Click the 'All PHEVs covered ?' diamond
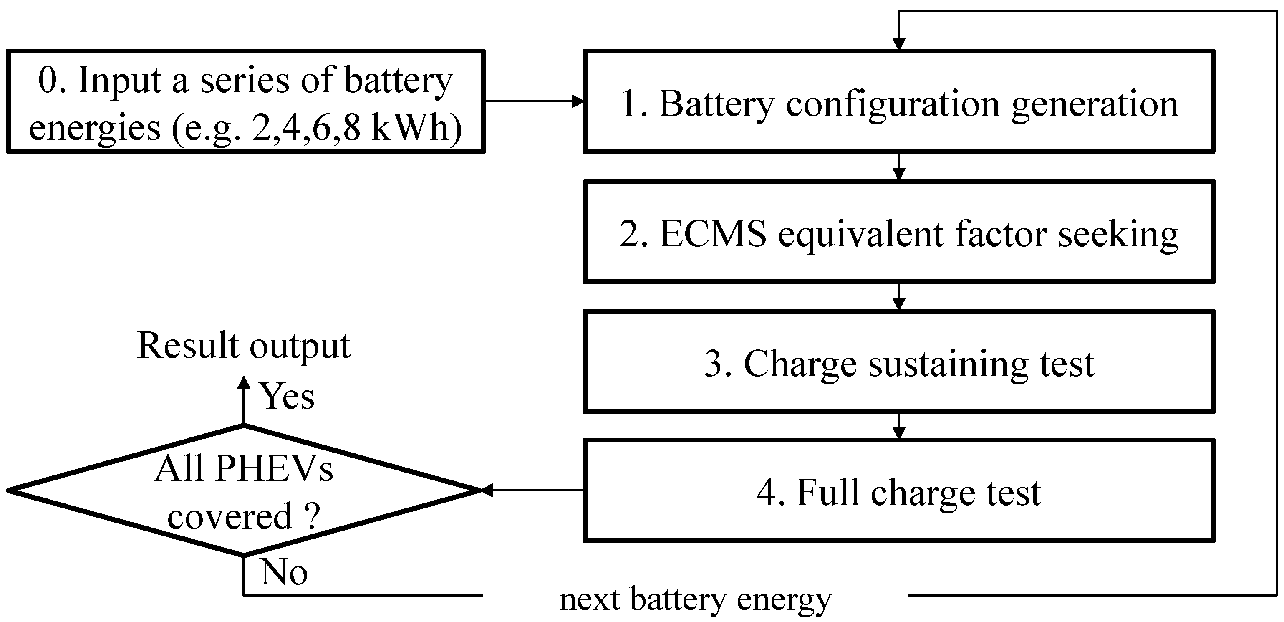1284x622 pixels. (x=243, y=491)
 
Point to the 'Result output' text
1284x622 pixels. (x=243, y=345)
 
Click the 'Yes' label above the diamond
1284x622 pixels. (x=287, y=397)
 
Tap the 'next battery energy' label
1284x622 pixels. (x=695, y=599)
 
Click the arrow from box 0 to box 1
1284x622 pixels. (x=533, y=101)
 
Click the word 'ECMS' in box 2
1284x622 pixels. (x=713, y=233)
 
